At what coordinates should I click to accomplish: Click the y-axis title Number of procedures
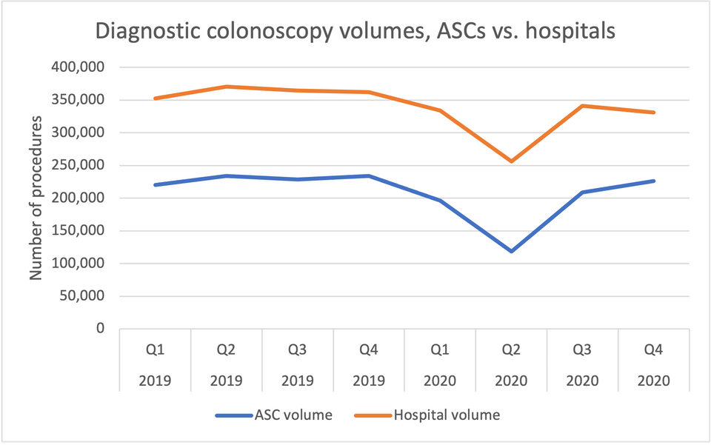coord(36,198)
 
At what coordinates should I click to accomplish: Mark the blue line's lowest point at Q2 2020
coord(511,251)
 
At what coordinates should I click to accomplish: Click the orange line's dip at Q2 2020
coord(511,161)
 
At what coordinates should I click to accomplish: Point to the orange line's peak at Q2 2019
coord(227,87)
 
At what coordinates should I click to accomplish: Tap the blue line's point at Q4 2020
coord(653,181)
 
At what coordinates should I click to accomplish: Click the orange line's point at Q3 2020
coord(582,106)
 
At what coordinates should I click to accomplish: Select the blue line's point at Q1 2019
coord(156,184)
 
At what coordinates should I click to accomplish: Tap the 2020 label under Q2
coord(511,381)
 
